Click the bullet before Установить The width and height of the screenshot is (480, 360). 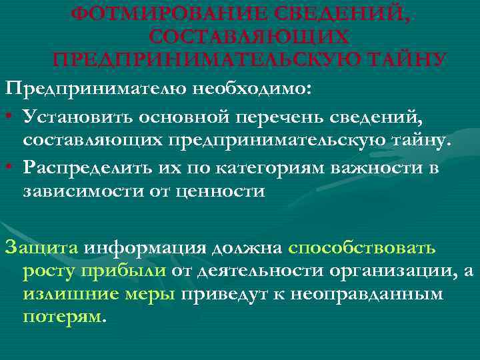9,117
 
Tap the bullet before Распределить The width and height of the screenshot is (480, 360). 9,167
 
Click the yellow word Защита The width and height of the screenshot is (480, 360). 41,248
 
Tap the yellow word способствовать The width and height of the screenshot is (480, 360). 363,248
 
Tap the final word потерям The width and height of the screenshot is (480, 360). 63,317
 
